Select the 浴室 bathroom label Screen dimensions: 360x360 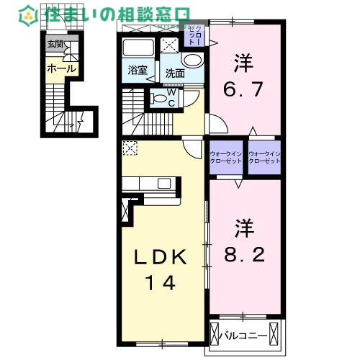pos(138,71)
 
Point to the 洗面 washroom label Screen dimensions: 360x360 pos(175,73)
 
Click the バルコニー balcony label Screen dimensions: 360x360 pos(248,336)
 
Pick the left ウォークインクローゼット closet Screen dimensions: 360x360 pos(226,156)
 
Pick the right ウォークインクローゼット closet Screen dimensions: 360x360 pos(263,156)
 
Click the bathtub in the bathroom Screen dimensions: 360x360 pos(138,49)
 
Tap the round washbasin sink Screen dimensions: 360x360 pos(192,61)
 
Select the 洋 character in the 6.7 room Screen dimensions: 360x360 pos(243,63)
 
